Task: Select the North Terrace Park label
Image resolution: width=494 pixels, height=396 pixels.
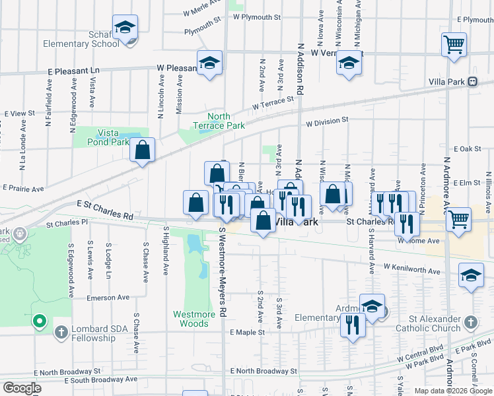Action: pyautogui.click(x=219, y=121)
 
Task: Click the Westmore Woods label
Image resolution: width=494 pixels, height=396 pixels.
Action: pyautogui.click(x=194, y=319)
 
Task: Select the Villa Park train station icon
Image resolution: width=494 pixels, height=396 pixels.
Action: pyautogui.click(x=472, y=82)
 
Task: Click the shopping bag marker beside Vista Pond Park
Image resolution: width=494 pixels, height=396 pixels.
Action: pyautogui.click(x=142, y=150)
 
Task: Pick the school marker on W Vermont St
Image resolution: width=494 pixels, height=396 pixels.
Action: pyautogui.click(x=348, y=64)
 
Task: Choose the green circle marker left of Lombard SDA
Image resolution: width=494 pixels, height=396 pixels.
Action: pyautogui.click(x=40, y=321)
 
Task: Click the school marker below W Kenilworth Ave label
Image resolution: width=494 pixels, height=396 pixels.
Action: pyautogui.click(x=471, y=277)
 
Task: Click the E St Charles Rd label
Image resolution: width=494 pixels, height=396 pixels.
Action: pyautogui.click(x=105, y=210)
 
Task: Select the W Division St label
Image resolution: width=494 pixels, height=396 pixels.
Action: pyautogui.click(x=326, y=121)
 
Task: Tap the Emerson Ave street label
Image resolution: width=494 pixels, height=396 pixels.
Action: pyautogui.click(x=110, y=298)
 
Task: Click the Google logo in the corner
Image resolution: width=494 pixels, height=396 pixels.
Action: pyautogui.click(x=22, y=388)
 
